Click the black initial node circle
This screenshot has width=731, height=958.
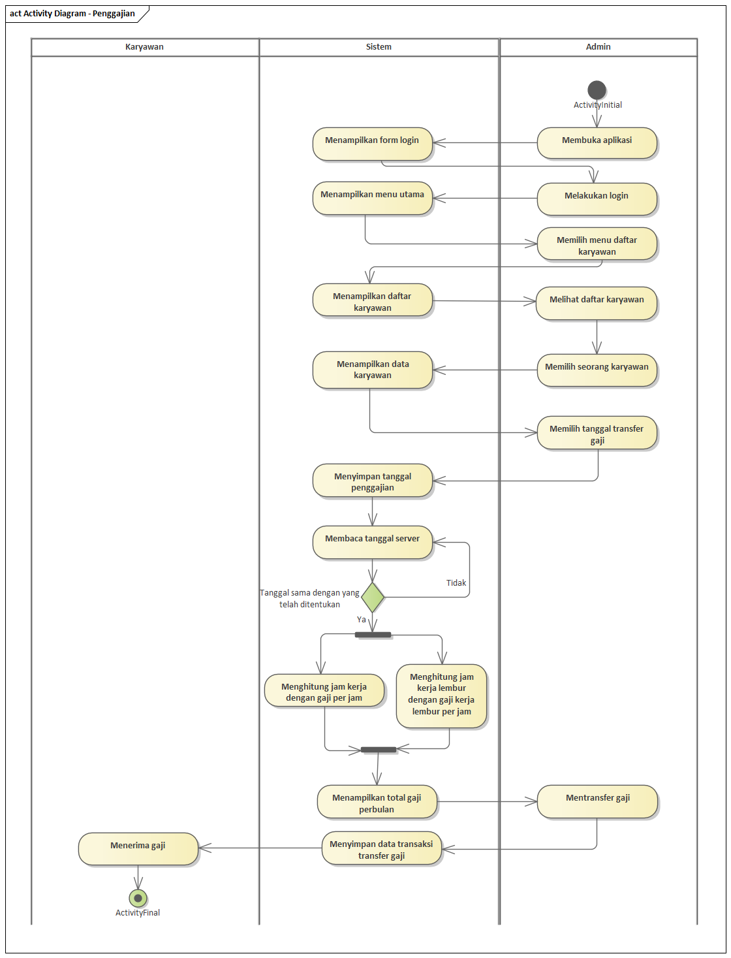click(x=597, y=89)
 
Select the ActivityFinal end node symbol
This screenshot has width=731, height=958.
click(x=138, y=898)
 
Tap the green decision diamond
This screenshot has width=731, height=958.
click(x=373, y=597)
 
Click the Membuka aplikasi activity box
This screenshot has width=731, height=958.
click(x=597, y=142)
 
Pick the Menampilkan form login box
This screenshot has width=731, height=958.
click(x=372, y=144)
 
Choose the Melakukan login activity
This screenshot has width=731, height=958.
click(x=597, y=198)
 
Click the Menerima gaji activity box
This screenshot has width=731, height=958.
click(x=138, y=848)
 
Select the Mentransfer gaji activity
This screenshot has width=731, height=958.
click(x=597, y=801)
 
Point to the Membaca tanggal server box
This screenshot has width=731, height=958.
click(x=372, y=541)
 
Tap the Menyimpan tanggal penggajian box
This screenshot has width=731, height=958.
click(x=372, y=481)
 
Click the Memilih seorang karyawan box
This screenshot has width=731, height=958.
click(x=597, y=370)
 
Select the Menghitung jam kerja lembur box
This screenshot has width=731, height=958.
click(x=441, y=695)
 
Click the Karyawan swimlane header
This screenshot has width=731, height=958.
click(x=144, y=47)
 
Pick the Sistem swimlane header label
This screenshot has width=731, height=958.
click(x=379, y=47)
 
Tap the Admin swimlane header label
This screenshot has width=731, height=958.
click(x=598, y=47)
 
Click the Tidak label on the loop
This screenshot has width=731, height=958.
click(x=456, y=583)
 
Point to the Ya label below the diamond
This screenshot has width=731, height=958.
click(x=362, y=619)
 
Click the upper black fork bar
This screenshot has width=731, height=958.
click(x=373, y=634)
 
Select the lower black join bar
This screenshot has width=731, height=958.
click(x=379, y=749)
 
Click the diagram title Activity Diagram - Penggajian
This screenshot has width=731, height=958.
click(x=72, y=14)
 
